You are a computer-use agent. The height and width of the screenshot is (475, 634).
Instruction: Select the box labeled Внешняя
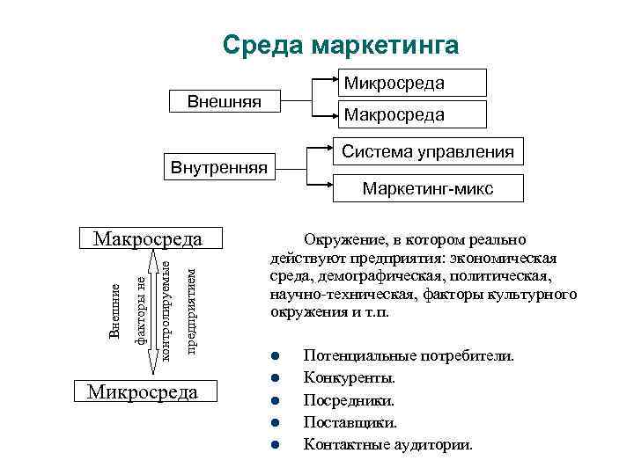225,101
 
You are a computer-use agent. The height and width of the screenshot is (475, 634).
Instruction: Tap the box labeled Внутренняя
220,164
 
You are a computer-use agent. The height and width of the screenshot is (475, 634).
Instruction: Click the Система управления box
428,152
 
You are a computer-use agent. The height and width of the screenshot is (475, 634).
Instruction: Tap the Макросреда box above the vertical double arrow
148,239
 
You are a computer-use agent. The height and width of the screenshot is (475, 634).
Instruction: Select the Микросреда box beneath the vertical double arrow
143,391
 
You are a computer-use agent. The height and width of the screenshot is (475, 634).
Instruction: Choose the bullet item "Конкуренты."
350,378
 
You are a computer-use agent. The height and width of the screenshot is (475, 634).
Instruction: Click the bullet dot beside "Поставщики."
275,422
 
